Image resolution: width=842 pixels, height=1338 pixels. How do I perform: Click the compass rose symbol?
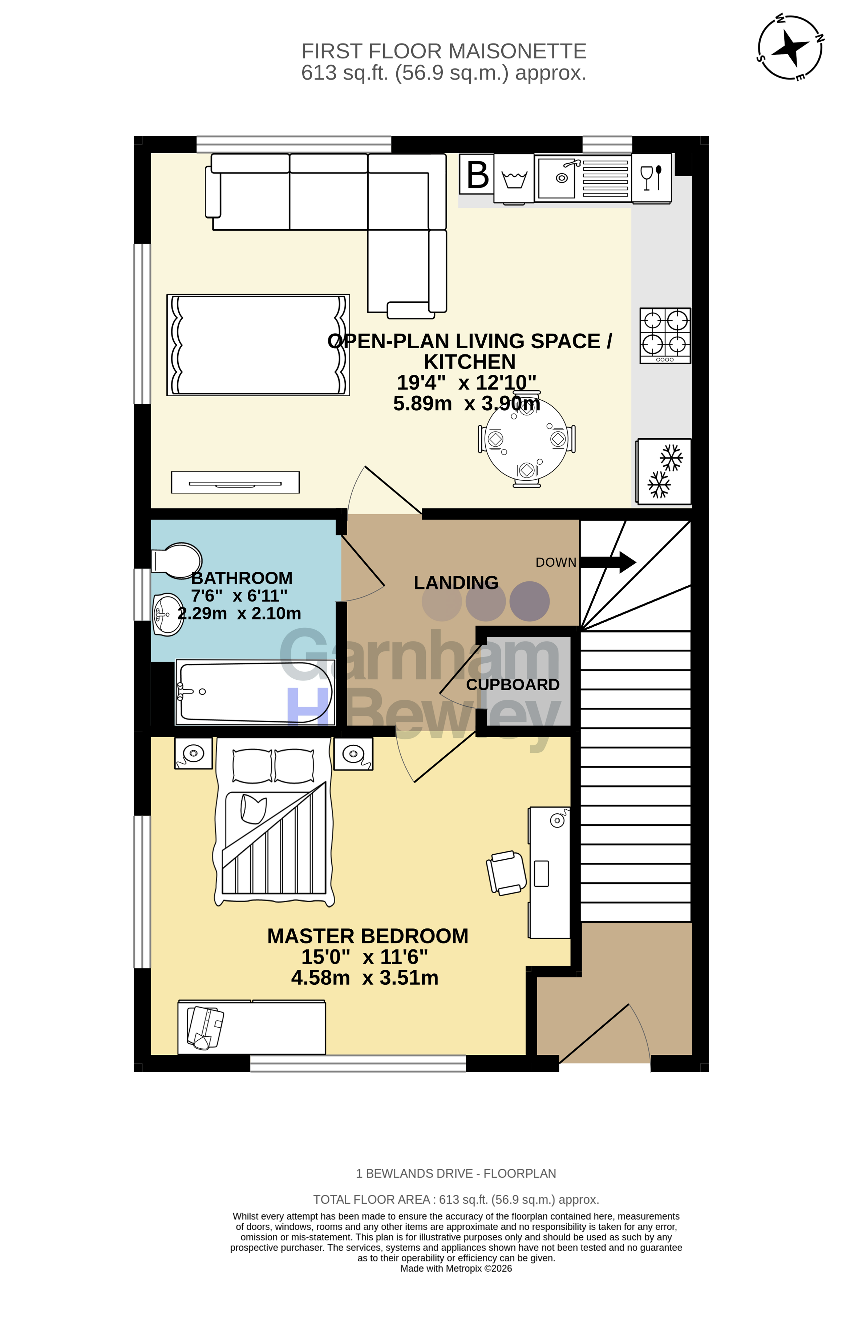[790, 47]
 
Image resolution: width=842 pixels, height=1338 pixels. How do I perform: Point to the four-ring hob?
[665, 335]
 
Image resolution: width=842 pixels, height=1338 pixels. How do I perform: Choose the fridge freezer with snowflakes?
[664, 471]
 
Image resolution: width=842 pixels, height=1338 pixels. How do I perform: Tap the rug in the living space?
[258, 345]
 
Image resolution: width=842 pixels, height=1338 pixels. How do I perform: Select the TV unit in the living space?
[235, 482]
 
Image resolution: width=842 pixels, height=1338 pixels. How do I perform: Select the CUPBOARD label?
[513, 684]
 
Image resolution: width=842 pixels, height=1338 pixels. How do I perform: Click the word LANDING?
[456, 582]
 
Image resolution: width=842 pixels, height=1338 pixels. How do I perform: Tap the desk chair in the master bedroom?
[506, 873]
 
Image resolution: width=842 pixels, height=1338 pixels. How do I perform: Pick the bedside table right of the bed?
[353, 753]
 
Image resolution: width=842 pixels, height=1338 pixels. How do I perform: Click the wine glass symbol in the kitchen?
[651, 178]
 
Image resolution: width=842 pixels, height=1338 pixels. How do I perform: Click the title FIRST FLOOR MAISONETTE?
[444, 51]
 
